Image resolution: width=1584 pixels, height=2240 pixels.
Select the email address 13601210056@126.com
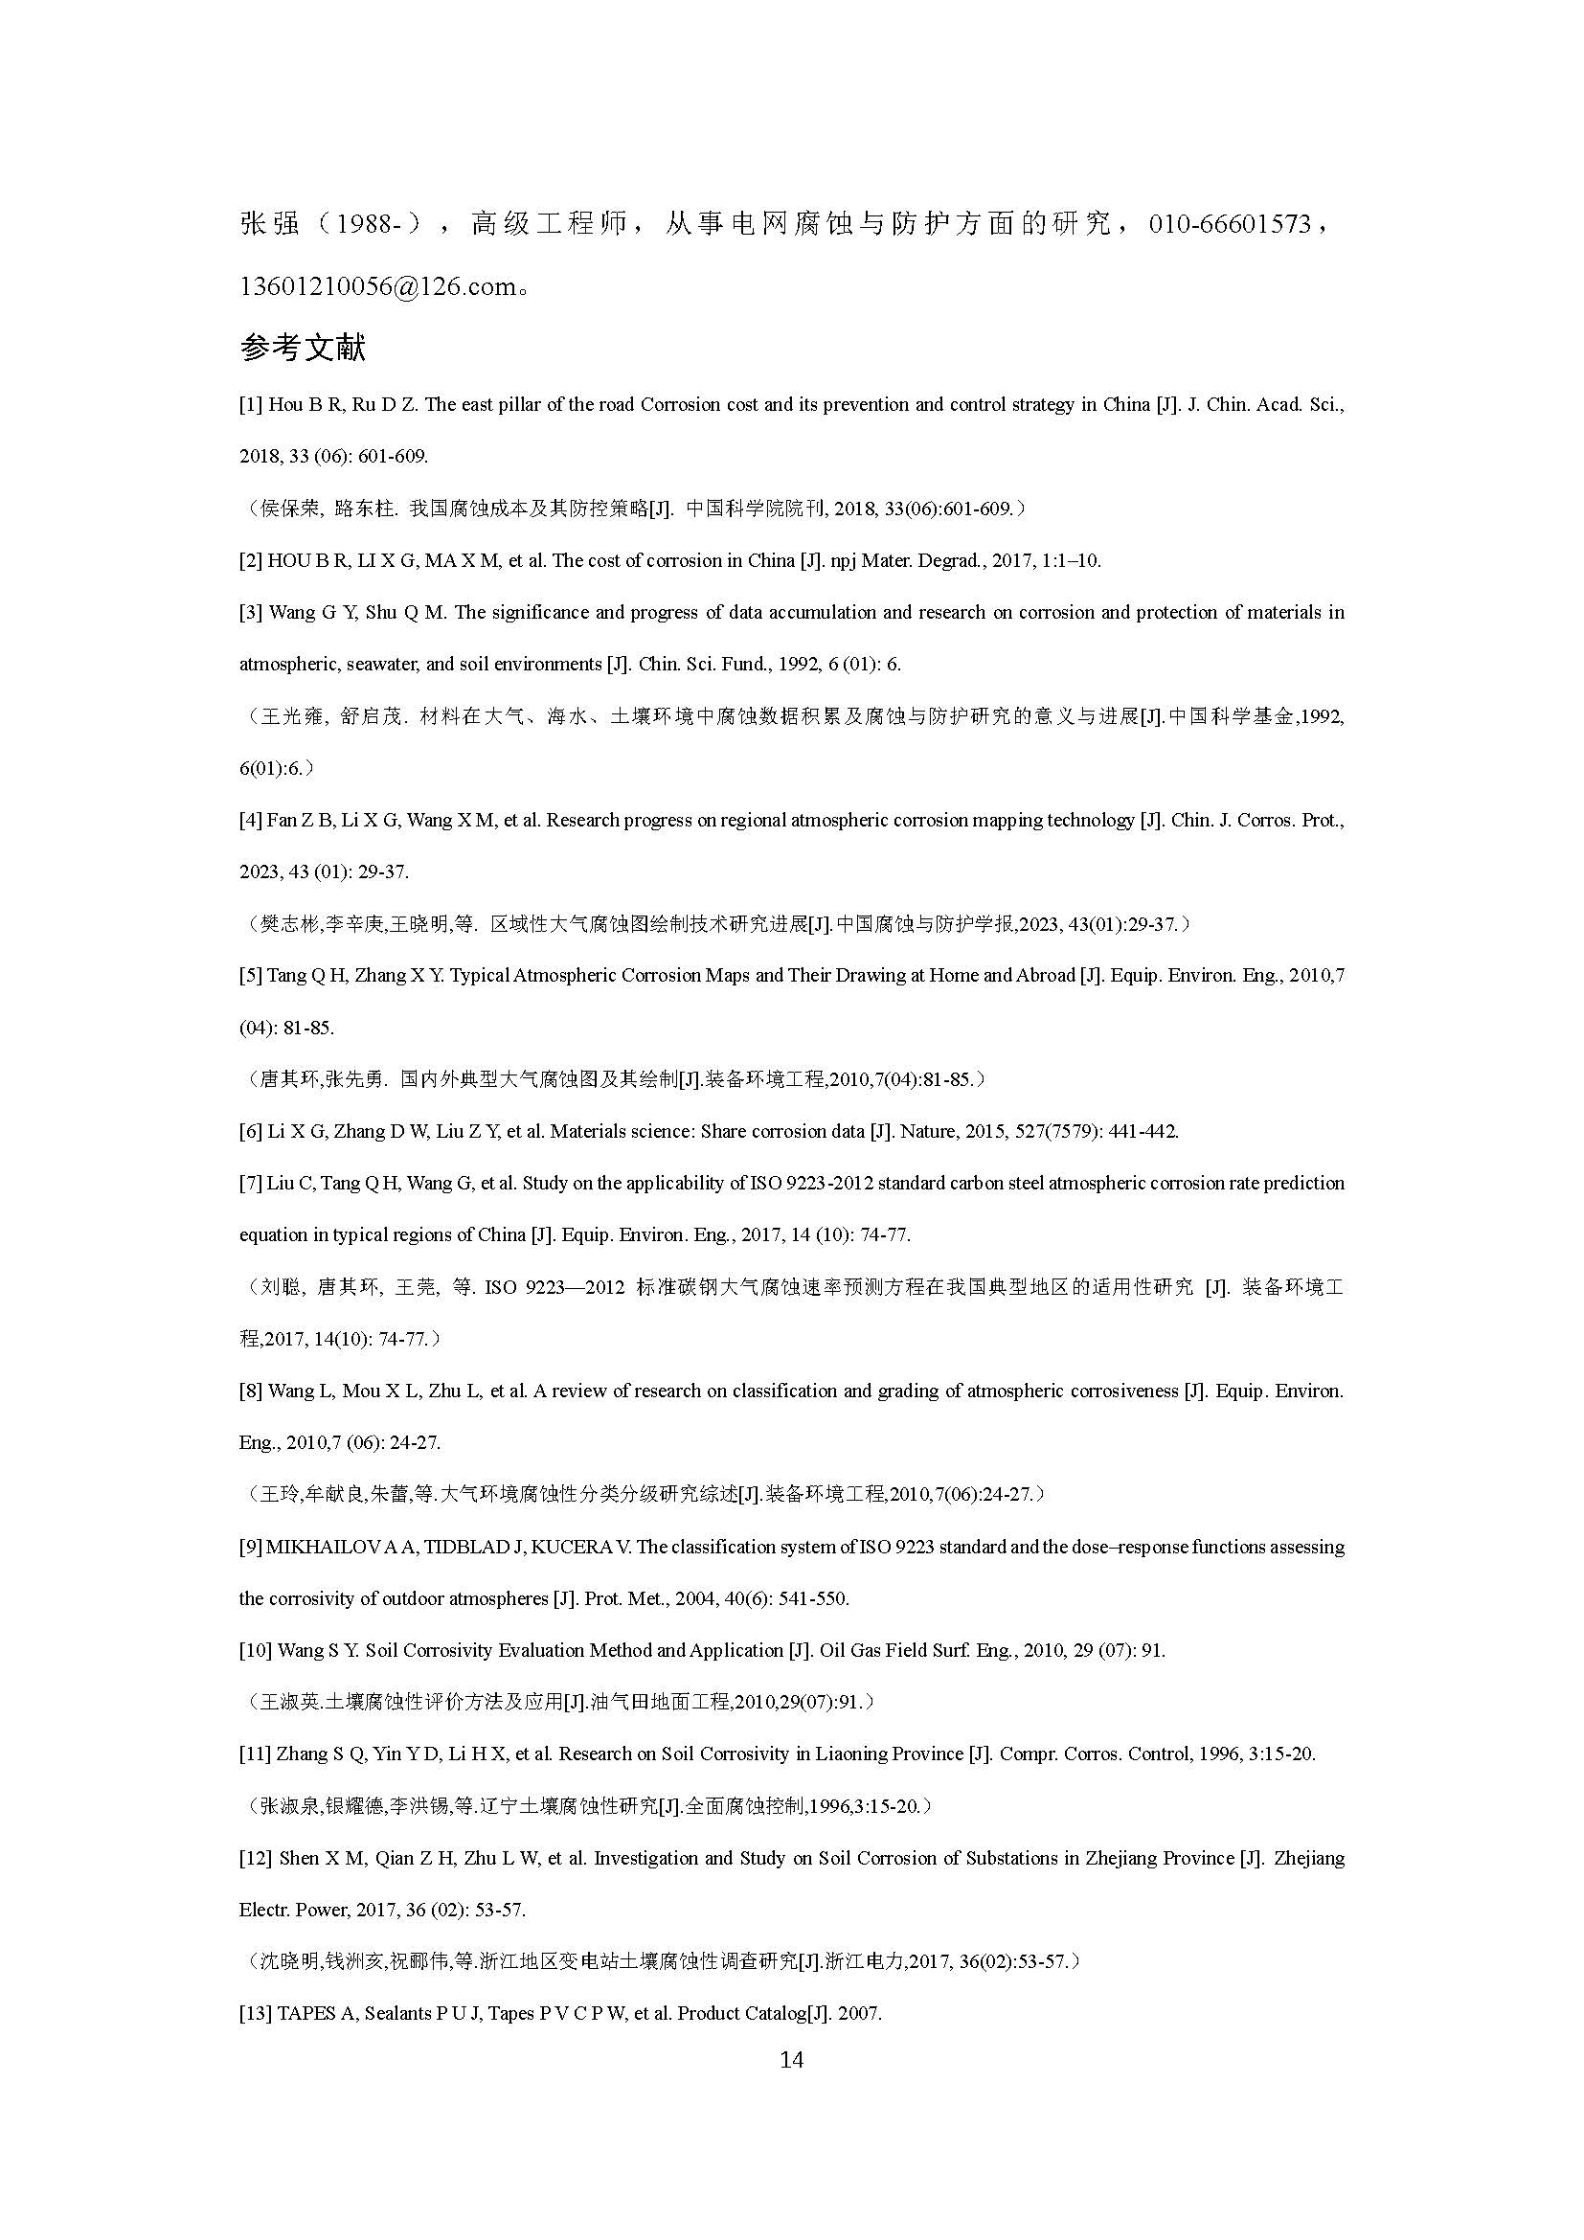click(x=376, y=287)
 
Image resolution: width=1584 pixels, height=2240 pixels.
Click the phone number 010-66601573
click(x=1229, y=224)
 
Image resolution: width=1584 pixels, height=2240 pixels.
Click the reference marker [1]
click(x=251, y=405)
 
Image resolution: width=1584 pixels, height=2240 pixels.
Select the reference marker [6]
click(x=251, y=1132)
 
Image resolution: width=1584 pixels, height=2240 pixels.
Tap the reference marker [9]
click(x=251, y=1547)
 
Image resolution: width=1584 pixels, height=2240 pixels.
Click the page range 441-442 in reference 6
click(x=1143, y=1132)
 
